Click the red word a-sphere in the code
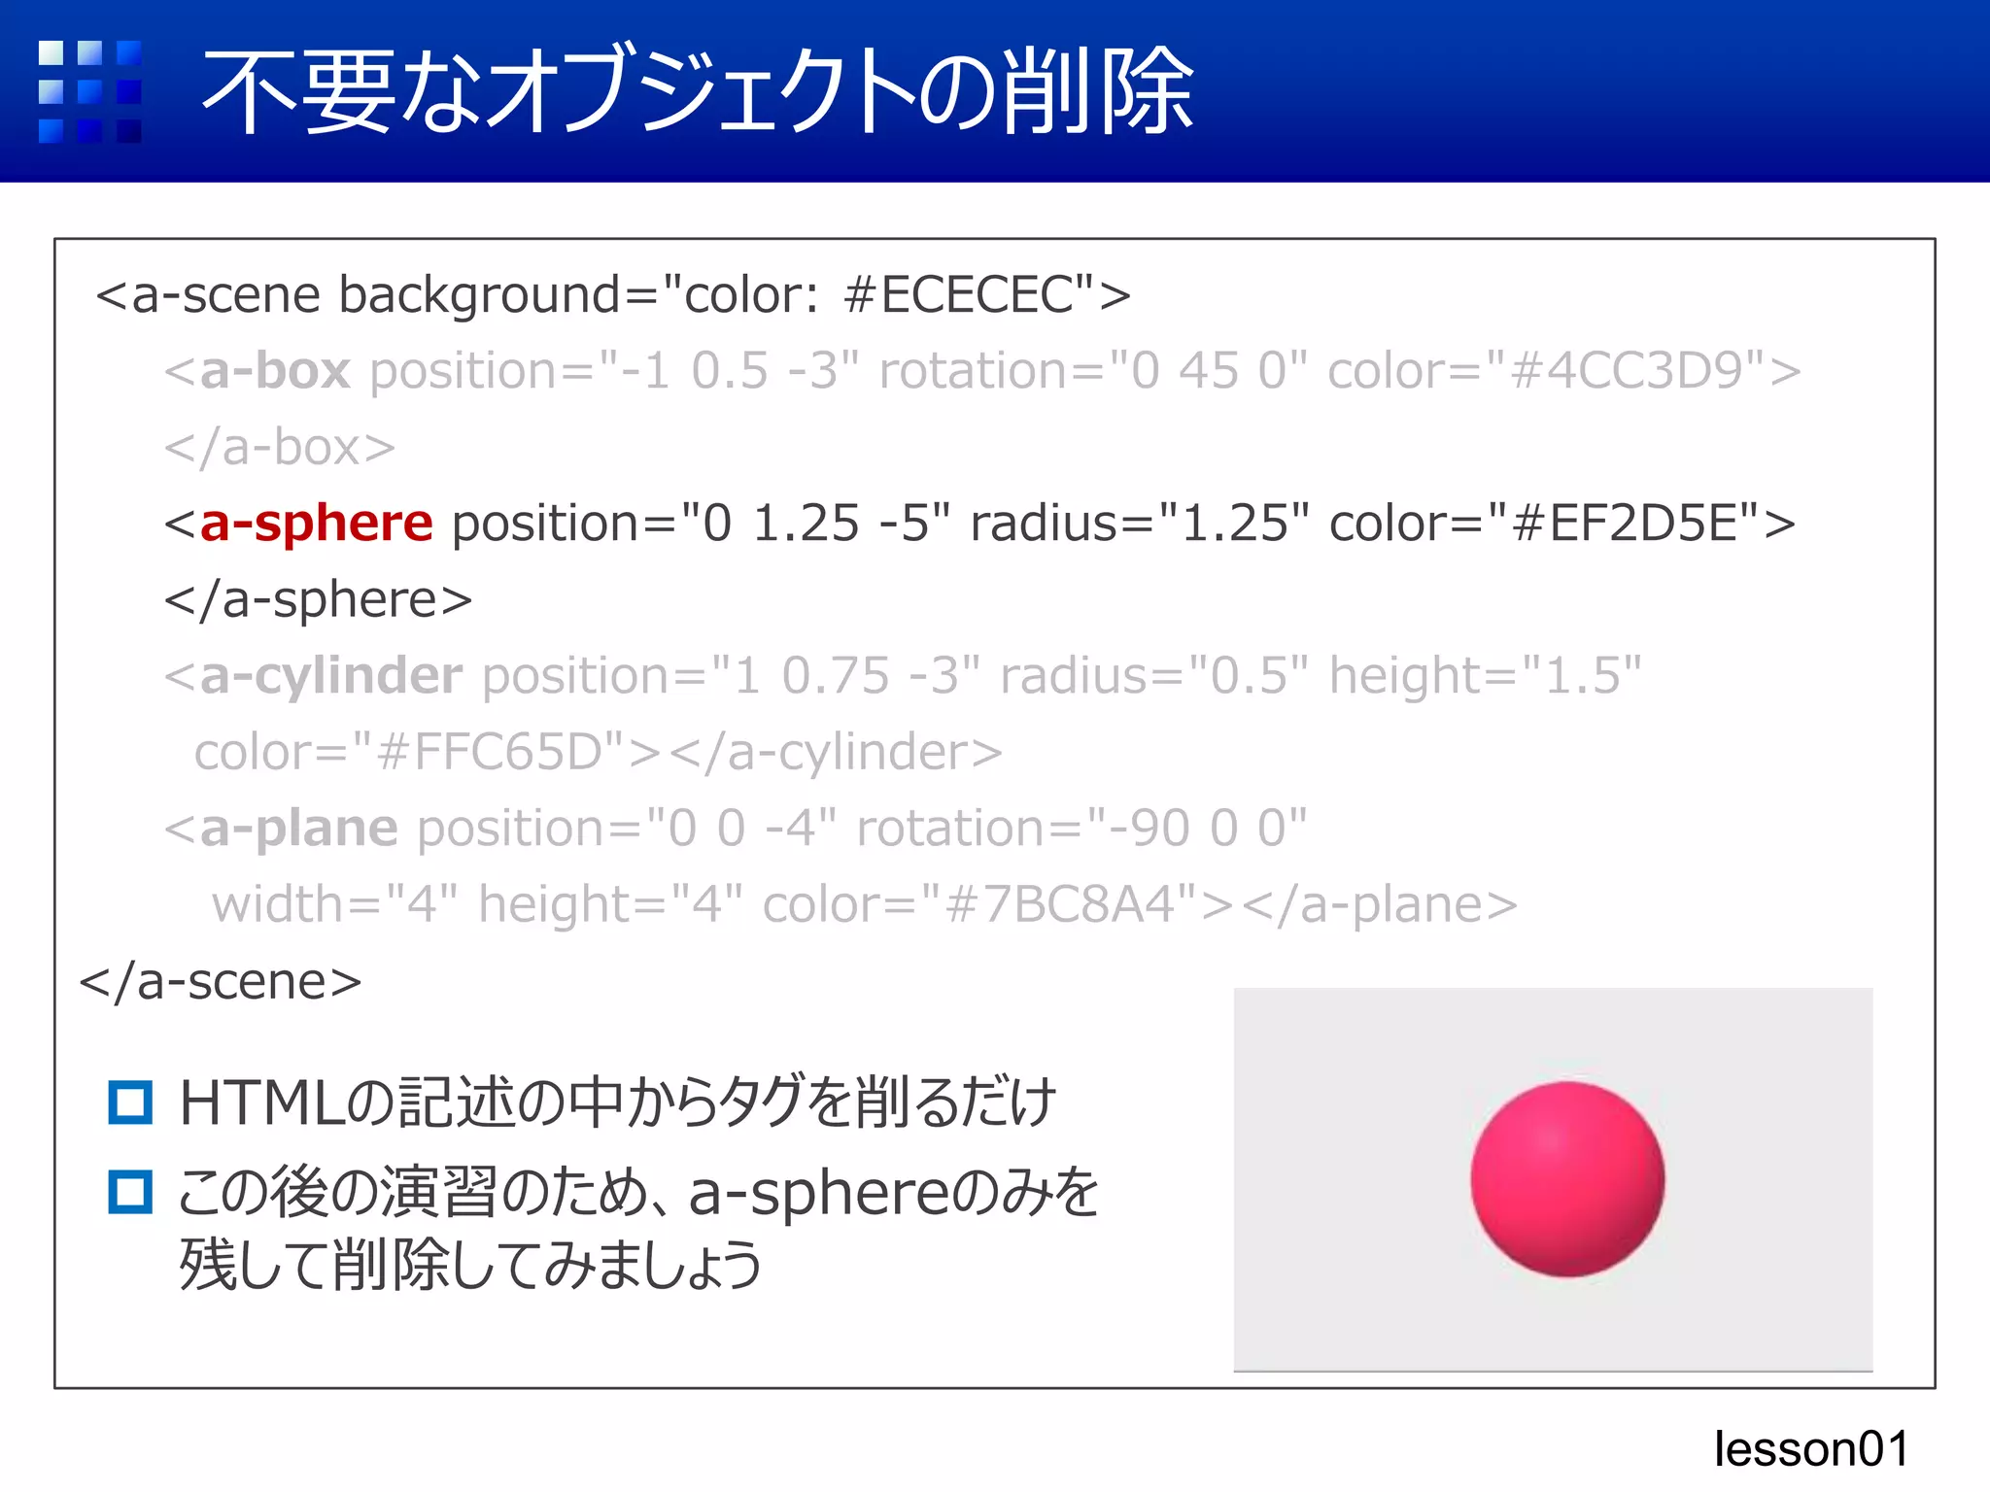pos(316,524)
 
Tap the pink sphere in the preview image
pos(1566,1179)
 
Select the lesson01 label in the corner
pos(1811,1448)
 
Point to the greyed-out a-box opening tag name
pos(274,371)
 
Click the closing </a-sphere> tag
pos(318,599)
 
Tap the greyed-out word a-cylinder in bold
pos(330,676)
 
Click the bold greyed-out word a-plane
pos(298,829)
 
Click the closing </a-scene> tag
pos(221,981)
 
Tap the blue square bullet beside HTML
pos(130,1102)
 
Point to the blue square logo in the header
pos(89,91)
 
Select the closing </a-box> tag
pos(280,448)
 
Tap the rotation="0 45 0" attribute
pos(1092,371)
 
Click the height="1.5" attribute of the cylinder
pos(1485,676)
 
